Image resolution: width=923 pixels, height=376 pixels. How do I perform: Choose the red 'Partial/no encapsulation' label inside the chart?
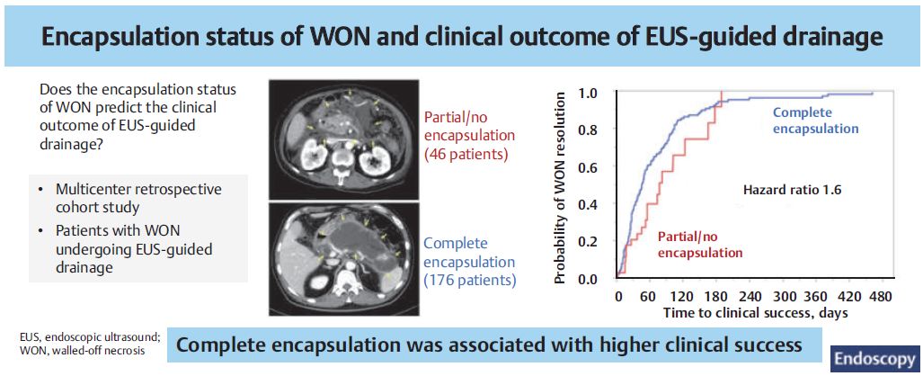tap(699, 245)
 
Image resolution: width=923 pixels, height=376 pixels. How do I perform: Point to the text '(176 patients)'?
tap(469, 280)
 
